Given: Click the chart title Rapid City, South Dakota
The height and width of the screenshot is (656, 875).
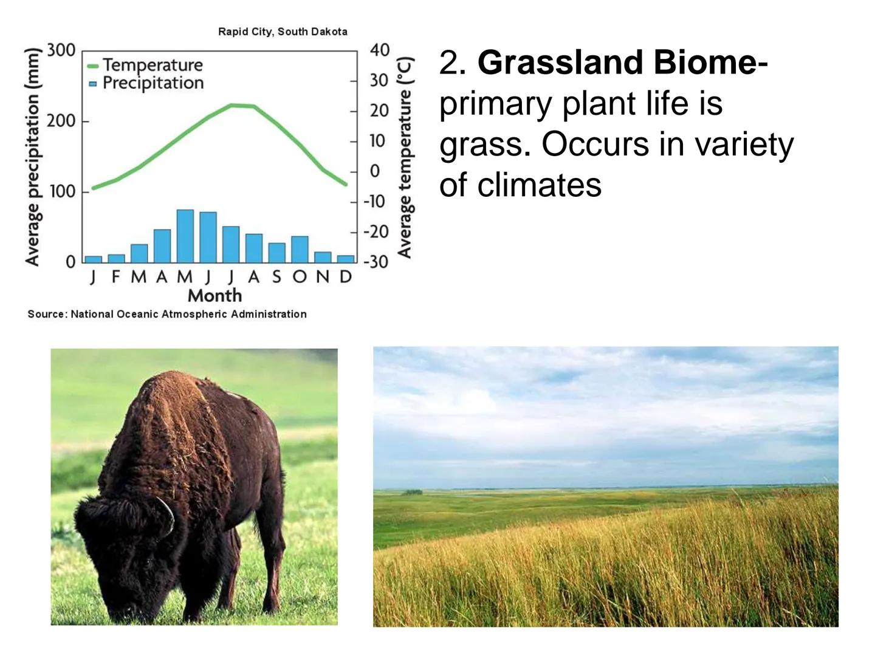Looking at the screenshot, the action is pos(283,32).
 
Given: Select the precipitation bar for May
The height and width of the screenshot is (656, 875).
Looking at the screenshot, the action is pos(185,236).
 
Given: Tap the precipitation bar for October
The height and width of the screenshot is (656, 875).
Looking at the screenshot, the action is pos(300,249).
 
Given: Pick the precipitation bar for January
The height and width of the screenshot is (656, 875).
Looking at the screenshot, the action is pos(94,259).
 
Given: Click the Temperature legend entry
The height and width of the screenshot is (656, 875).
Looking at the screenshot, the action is pos(145,65).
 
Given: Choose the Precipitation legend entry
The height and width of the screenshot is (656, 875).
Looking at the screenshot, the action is pos(146,83).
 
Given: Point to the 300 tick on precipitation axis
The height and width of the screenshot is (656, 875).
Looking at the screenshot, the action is pos(61,50).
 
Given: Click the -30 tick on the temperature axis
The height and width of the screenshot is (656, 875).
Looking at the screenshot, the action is pos(376,262).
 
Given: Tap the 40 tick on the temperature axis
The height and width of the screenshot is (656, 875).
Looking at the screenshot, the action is pos(379,50).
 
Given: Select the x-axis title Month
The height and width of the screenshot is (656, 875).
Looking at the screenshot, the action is pos(215,296).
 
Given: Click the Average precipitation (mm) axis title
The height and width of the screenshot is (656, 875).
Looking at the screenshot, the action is pos(33,157).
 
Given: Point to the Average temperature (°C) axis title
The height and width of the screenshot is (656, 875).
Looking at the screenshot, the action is pos(405,157).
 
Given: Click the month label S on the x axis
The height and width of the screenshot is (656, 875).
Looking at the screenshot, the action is pos(276,276).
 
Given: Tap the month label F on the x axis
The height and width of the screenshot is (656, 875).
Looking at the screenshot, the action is pos(116,276).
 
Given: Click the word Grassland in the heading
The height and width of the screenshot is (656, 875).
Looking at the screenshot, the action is pos(560,63).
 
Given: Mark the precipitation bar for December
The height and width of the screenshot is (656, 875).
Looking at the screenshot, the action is pos(346,259).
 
